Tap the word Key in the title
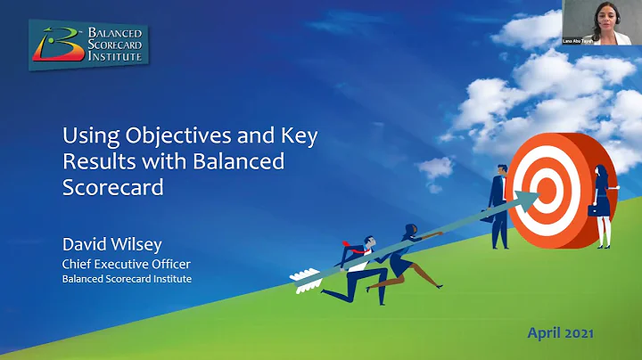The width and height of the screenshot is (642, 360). coord(297,138)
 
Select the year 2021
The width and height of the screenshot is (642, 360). coord(579,333)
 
